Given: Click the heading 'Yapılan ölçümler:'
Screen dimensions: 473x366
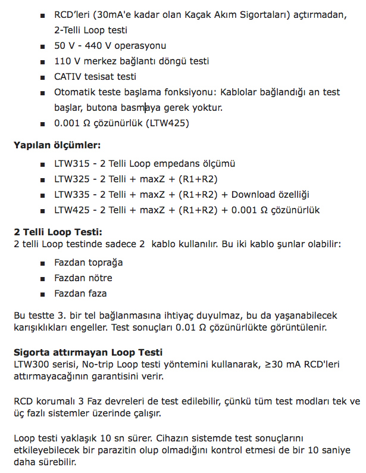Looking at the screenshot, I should [57, 145].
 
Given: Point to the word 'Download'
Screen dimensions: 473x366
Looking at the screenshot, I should [255, 194].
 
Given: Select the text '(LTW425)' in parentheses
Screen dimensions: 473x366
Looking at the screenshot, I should [168, 123].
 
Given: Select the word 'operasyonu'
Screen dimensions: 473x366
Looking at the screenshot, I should [140, 45].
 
